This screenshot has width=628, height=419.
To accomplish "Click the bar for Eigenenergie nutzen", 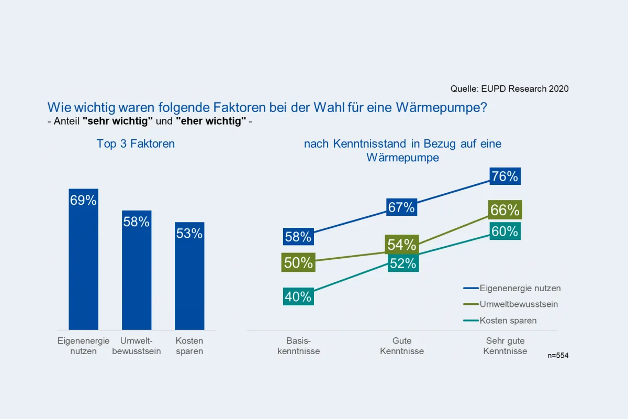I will point(83,259).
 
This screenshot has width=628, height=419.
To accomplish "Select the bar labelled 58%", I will point(137,270).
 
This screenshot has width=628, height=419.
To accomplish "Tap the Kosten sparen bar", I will point(189,276).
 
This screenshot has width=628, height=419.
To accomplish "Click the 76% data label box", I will point(505,177).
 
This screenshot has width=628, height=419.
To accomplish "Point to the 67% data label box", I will point(401,207).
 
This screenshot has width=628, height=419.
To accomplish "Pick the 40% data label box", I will point(298,297).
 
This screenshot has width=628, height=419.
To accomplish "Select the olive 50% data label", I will point(298,262).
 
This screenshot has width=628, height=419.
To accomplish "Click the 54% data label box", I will point(401,244).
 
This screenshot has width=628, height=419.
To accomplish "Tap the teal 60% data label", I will point(505,231).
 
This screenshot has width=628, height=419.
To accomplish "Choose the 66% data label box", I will point(505,210).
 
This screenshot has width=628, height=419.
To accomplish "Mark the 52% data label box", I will point(403,263).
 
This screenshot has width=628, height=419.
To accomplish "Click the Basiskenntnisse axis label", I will point(298,346).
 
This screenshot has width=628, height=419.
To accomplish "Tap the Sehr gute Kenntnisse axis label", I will point(505,346).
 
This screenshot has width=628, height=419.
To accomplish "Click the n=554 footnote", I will point(558,356).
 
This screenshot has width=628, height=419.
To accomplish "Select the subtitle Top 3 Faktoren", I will point(136,144).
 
